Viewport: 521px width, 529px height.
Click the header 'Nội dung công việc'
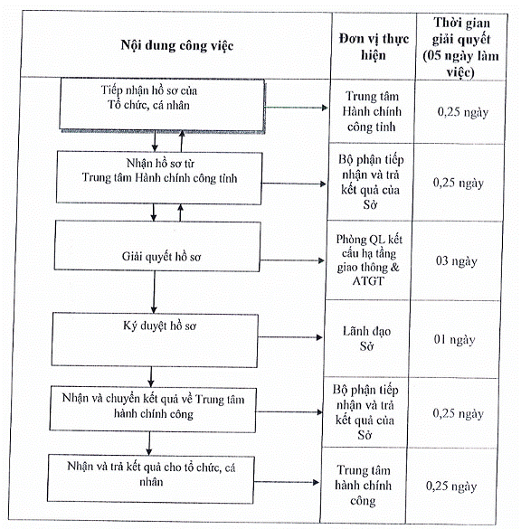click(176, 45)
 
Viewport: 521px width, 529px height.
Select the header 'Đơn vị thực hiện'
click(374, 46)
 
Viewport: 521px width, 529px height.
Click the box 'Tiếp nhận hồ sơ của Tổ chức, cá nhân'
click(162, 105)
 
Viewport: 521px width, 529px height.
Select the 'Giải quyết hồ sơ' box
click(157, 246)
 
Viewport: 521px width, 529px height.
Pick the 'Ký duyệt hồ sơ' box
click(155, 340)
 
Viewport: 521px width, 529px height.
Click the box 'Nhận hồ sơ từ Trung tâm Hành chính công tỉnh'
click(159, 177)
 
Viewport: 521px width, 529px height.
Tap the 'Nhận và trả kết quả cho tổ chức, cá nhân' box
click(150, 478)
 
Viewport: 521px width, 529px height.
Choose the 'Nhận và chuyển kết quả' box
click(153, 410)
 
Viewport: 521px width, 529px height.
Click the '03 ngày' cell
click(456, 261)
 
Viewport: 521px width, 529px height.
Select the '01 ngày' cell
click(454, 339)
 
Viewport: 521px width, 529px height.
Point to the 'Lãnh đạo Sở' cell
click(366, 338)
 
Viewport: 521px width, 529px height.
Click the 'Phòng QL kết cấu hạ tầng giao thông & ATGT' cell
click(369, 260)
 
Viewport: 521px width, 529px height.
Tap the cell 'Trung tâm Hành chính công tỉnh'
click(372, 111)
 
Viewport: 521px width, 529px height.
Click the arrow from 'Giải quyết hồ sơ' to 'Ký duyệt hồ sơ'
click(154, 292)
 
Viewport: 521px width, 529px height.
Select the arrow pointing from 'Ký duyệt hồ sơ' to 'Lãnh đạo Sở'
click(290, 337)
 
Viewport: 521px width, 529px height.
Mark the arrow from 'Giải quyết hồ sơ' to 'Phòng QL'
click(292, 260)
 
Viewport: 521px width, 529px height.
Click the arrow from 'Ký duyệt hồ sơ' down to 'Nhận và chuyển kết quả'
click(151, 377)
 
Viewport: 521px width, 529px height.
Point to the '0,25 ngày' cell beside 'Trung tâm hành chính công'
click(451, 486)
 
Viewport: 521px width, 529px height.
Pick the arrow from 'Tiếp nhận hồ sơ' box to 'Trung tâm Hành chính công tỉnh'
click(297, 108)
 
